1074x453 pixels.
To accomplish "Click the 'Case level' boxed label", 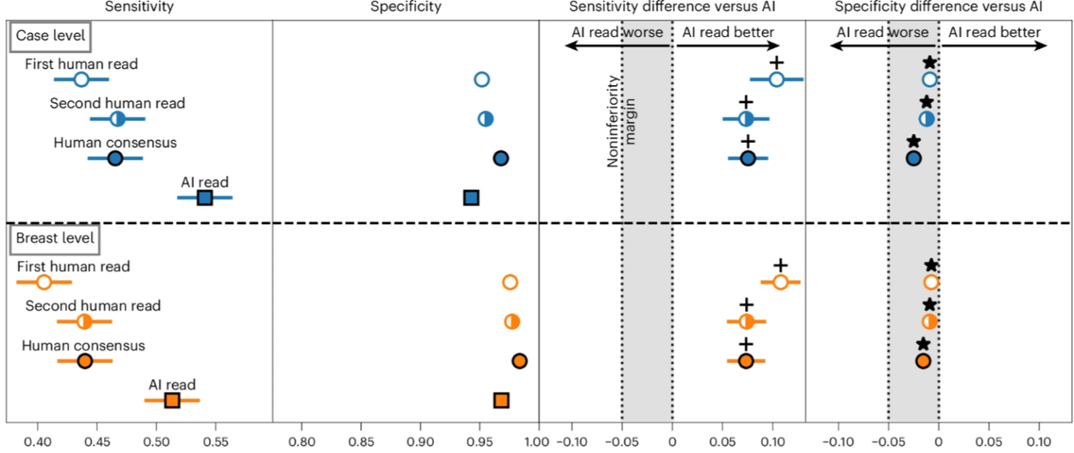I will point(50,39).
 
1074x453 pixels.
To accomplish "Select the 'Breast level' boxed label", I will point(54,238).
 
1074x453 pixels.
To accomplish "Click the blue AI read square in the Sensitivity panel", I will point(204,198).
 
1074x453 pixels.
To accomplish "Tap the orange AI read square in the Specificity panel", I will point(501,400).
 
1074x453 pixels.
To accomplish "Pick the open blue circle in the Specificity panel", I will point(482,80).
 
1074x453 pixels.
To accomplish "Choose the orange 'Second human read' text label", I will point(93,306).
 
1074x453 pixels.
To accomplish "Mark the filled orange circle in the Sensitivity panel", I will point(84,361).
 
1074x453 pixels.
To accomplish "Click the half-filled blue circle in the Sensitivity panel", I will point(118,119).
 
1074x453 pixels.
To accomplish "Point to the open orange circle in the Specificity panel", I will point(510,283).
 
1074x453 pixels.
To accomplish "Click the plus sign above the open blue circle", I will point(777,62).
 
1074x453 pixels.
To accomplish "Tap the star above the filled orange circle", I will point(923,344).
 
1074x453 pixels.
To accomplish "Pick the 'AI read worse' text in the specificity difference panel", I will point(884,33).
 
